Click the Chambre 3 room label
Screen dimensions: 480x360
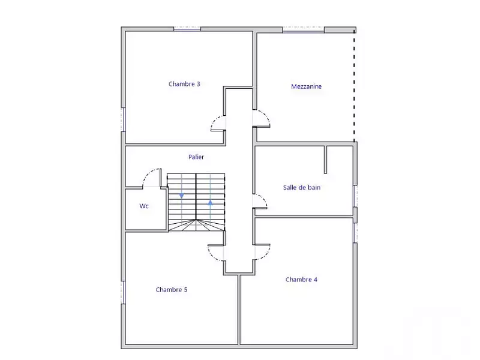click(x=184, y=84)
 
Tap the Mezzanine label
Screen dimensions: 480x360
click(x=306, y=86)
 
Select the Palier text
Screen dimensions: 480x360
click(x=196, y=157)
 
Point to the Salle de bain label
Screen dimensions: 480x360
click(x=302, y=187)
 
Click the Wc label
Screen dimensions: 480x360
click(x=144, y=206)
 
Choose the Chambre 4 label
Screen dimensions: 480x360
click(x=301, y=280)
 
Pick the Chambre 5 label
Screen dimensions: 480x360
click(x=172, y=290)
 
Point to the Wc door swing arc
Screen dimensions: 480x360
click(x=146, y=174)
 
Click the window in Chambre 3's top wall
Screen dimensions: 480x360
click(x=187, y=29)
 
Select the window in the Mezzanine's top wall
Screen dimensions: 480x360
click(x=303, y=29)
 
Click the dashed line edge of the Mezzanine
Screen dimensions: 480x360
click(x=355, y=86)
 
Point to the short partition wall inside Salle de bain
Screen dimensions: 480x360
click(x=325, y=160)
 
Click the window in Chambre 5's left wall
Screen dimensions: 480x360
click(x=123, y=292)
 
